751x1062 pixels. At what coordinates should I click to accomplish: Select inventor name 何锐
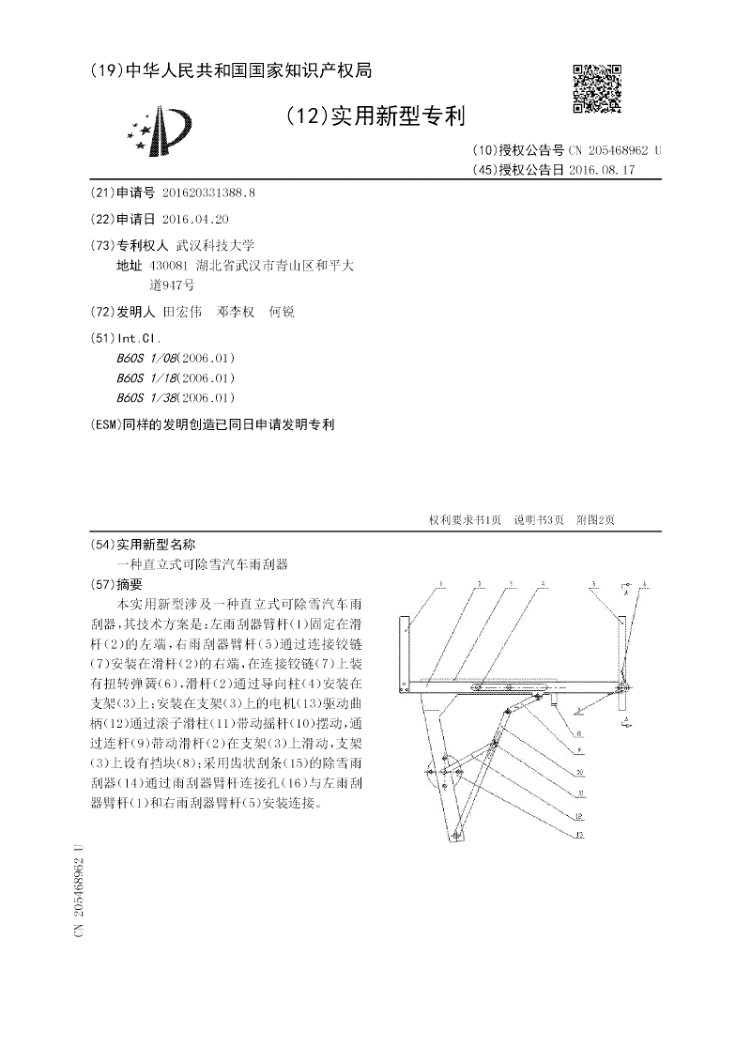click(x=282, y=312)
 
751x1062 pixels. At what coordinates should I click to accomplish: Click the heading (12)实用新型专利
click(x=375, y=116)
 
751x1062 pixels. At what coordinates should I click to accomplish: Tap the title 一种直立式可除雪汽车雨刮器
click(x=201, y=564)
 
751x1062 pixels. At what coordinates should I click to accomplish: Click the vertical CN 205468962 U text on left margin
click(x=80, y=888)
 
